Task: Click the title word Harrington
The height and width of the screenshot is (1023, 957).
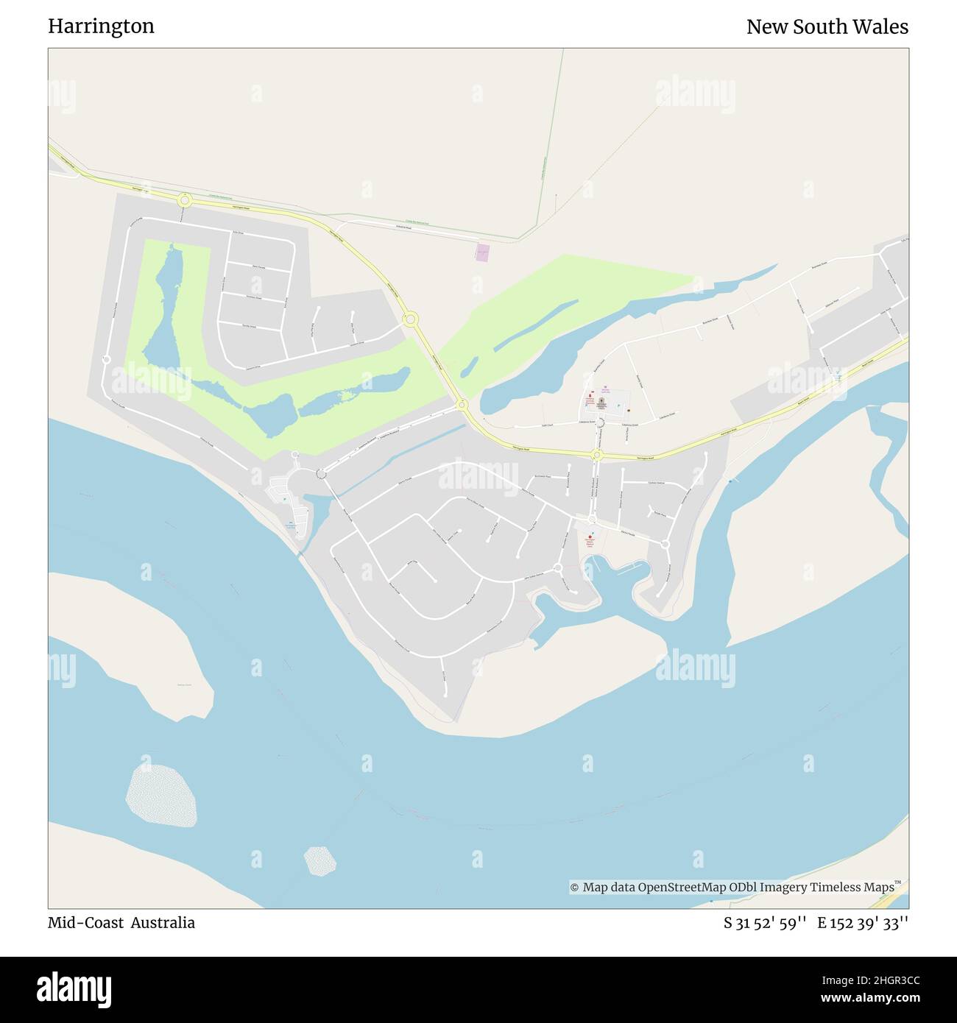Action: (x=101, y=26)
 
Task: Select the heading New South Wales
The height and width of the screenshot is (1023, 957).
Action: (x=827, y=26)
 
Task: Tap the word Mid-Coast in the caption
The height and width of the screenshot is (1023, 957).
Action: (x=85, y=923)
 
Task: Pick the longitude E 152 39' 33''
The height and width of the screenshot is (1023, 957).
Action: (x=863, y=923)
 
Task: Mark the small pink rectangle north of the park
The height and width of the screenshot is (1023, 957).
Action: (x=482, y=252)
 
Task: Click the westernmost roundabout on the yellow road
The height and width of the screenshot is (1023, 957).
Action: (x=184, y=199)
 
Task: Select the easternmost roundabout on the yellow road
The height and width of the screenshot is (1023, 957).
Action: (x=597, y=456)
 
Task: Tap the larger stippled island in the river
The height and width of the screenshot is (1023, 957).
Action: (x=162, y=795)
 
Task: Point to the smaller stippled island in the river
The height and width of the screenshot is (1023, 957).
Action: (x=320, y=860)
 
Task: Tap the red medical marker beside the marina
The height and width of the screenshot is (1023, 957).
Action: (x=589, y=539)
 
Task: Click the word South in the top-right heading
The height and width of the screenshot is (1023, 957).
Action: (x=828, y=26)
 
